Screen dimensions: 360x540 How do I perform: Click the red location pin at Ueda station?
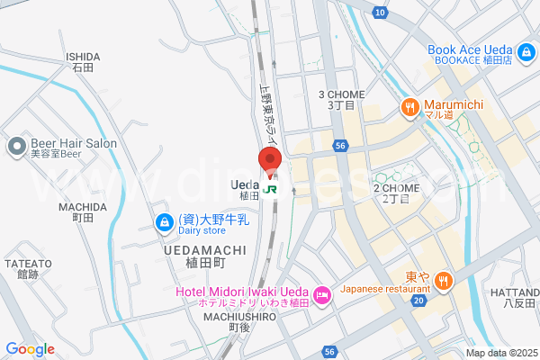click(271, 159)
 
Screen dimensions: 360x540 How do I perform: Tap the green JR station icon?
click(271, 192)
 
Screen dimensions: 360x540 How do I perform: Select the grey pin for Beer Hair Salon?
click(16, 146)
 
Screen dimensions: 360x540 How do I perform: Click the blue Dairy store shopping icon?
click(164, 221)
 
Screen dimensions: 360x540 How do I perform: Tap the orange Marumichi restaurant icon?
click(410, 107)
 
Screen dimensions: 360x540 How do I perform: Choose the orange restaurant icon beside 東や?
click(443, 283)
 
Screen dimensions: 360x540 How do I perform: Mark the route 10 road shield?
click(381, 12)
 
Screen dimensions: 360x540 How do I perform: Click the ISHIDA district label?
click(83, 56)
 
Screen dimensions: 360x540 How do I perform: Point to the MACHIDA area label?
click(83, 207)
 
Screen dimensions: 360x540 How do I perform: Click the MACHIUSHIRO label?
click(238, 317)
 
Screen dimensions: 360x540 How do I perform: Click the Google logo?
click(30, 349)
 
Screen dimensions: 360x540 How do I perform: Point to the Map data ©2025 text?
click(500, 353)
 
